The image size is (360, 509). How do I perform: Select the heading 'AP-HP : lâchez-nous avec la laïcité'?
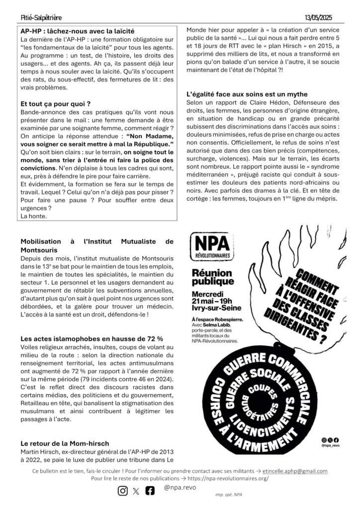click(x=78, y=31)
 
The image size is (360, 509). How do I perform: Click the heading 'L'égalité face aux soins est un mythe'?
click(x=247, y=94)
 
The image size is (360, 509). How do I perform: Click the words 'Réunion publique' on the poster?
click(x=212, y=278)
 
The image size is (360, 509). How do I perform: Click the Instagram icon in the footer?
click(x=123, y=491)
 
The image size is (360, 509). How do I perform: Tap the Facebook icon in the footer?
click(x=150, y=491)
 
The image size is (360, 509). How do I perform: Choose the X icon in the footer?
click(x=136, y=491)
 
